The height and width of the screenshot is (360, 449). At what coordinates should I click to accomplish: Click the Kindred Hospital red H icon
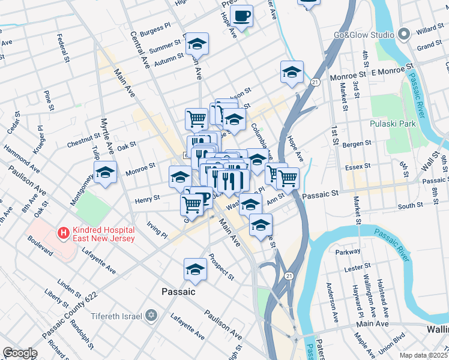61,232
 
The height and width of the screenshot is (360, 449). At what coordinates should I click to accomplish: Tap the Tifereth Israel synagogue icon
152,316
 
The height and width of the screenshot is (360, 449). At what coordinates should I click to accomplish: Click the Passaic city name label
178,292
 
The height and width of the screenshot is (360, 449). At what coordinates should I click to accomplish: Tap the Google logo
20,353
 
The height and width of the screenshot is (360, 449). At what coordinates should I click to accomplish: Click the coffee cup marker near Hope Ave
241,16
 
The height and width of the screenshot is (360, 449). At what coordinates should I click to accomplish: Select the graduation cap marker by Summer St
196,44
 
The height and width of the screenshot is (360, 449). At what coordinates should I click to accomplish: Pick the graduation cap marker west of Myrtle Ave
105,173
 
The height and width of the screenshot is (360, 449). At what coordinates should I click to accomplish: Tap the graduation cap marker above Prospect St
195,269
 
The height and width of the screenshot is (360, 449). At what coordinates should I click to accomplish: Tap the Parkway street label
348,252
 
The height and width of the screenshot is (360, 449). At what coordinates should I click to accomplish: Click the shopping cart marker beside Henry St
191,204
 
